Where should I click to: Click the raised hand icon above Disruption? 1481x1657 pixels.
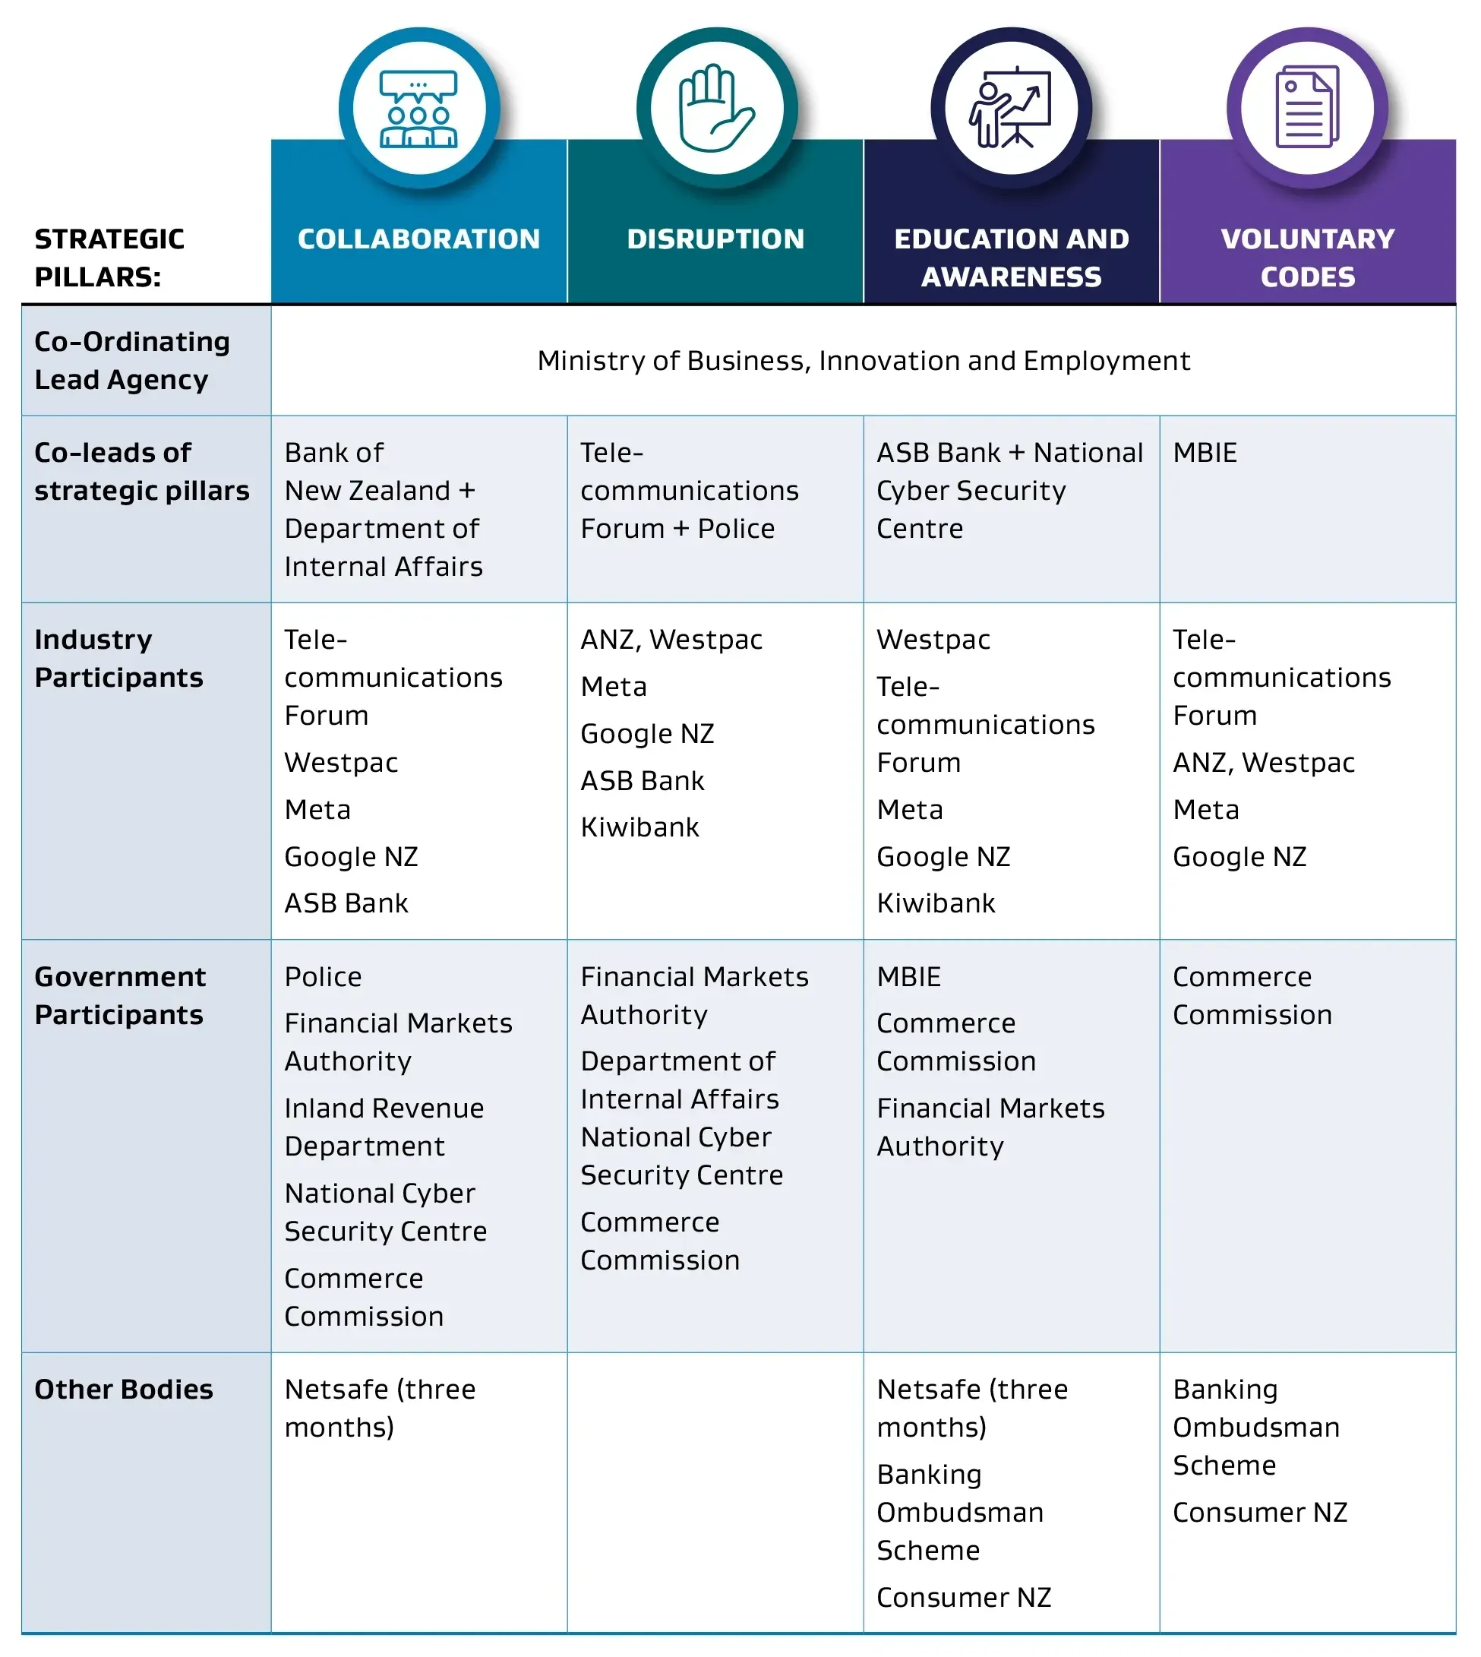(716, 108)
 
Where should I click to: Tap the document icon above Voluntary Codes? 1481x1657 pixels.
(1308, 106)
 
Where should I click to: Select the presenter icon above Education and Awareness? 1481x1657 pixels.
(1011, 107)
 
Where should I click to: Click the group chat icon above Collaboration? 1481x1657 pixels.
(419, 108)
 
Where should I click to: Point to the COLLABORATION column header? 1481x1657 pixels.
(419, 239)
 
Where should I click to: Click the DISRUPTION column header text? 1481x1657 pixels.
(716, 239)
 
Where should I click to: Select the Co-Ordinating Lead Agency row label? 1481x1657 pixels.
(132, 361)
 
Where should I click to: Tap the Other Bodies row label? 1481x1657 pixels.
(124, 1390)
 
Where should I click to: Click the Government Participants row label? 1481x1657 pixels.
(121, 995)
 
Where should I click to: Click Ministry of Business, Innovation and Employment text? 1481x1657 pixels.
(864, 361)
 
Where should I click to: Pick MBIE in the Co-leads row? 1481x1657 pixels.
(1205, 453)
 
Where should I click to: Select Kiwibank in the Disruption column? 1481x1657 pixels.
(639, 827)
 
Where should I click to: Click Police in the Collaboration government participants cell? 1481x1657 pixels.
(323, 976)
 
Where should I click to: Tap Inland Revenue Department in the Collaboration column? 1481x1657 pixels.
(384, 1127)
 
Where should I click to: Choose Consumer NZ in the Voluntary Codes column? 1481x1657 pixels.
(1260, 1512)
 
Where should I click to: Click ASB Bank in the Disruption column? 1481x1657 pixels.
(642, 780)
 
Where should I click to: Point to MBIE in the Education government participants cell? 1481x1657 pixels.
(908, 976)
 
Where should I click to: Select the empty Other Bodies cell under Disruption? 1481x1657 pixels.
(715, 1492)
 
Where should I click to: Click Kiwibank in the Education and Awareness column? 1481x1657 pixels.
(936, 903)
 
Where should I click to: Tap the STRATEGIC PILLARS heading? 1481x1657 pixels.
(109, 258)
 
